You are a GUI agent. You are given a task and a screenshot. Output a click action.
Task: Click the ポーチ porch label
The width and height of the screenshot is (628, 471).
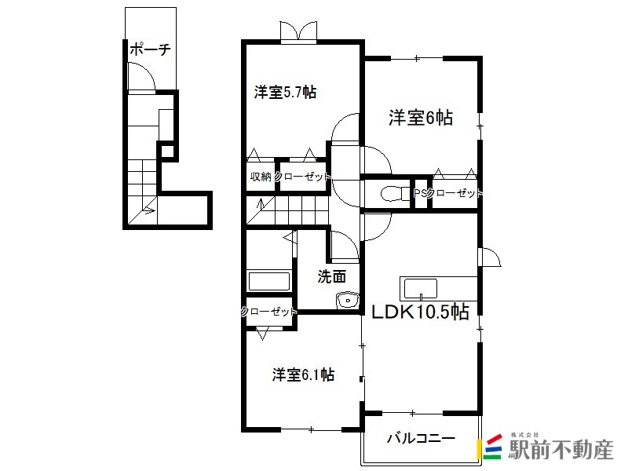coord(150,49)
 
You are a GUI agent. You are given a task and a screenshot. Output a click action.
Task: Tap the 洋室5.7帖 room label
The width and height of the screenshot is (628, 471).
coord(285,92)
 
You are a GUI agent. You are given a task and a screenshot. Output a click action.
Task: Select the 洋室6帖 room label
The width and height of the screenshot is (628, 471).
coord(421,118)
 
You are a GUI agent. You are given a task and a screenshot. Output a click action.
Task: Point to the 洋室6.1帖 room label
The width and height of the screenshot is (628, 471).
coord(303,375)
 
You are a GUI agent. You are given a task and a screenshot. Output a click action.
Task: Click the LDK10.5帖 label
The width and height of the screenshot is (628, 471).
coord(420,312)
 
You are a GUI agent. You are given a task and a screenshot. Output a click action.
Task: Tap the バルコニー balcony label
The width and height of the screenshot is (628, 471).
coord(421,438)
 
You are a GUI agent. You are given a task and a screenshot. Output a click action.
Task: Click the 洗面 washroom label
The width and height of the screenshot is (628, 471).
coord(331,276)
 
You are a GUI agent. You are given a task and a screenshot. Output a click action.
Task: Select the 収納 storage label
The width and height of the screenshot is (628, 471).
coord(261,176)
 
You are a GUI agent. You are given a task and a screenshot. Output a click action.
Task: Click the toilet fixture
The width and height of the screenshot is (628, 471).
coord(392,194)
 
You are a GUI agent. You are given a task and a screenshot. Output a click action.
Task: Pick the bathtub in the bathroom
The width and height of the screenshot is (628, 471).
coord(269,282)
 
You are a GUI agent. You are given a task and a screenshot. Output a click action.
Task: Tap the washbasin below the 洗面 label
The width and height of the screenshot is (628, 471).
coord(348,301)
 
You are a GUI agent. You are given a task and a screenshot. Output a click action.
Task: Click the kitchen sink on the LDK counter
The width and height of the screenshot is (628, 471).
coord(421,289)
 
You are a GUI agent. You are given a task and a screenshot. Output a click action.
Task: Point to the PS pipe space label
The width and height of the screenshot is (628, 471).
coord(420,193)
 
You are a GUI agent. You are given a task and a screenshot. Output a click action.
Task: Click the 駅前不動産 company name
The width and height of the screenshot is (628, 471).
coord(560,449)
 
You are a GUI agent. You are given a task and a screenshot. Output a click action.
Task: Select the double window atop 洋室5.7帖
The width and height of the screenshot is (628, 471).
coord(299,31)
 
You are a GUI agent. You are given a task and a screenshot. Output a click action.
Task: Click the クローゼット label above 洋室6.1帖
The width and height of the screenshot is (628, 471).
coord(268,311)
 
